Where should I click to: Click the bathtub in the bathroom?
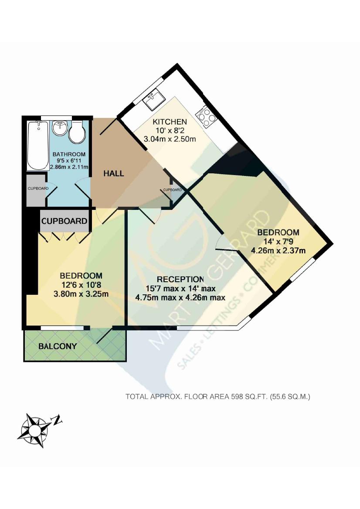click(x=38, y=146)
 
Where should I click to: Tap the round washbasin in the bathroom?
click(x=59, y=128)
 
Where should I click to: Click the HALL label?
click(x=114, y=173)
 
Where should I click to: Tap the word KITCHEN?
click(x=170, y=122)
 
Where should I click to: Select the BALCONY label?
click(x=58, y=347)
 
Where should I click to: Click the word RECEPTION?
click(x=180, y=279)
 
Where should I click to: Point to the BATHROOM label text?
click(x=69, y=154)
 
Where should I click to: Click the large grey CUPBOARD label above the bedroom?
click(x=64, y=221)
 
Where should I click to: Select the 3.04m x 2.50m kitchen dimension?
click(x=170, y=139)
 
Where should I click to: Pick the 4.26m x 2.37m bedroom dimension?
click(x=278, y=250)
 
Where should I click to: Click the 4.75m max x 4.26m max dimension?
click(x=180, y=298)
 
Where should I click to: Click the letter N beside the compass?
click(x=57, y=420)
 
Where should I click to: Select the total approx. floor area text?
click(x=217, y=397)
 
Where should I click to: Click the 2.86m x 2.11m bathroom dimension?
click(x=69, y=167)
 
